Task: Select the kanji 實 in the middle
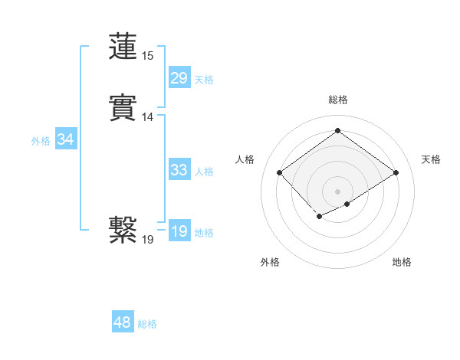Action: point(123,107)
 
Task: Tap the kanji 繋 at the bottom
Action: point(123,229)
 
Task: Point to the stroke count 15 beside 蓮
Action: point(147,56)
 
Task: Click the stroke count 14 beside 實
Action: point(147,117)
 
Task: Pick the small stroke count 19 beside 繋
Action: point(147,240)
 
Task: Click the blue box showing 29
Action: point(179,78)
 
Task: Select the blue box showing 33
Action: point(179,170)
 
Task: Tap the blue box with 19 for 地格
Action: point(179,231)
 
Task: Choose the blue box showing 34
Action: point(65,139)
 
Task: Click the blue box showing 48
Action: point(122,322)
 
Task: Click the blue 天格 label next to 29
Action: point(204,80)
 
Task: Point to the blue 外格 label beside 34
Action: point(41,141)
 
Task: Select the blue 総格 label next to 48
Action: point(147,324)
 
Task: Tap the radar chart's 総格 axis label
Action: point(338,100)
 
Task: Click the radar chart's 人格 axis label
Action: point(245,159)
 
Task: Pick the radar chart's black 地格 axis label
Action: point(402,262)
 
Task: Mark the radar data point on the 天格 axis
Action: point(396,172)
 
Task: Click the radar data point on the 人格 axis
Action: point(280,172)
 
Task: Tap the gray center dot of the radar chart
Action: point(338,191)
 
